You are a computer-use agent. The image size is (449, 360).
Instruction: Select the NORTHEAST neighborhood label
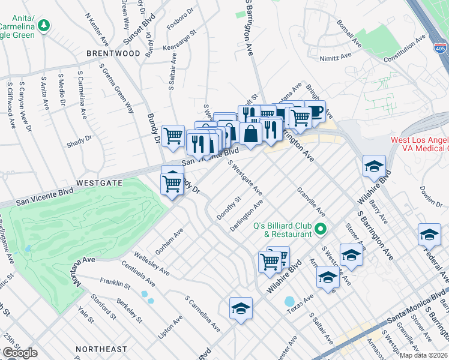click(x=101, y=349)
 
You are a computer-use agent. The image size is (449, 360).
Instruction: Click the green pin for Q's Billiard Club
click(x=321, y=229)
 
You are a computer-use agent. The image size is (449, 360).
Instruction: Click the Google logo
click(x=19, y=353)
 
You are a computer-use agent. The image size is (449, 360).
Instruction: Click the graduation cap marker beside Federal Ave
click(x=429, y=235)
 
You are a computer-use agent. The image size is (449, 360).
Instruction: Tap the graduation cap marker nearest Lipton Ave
click(x=241, y=309)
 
